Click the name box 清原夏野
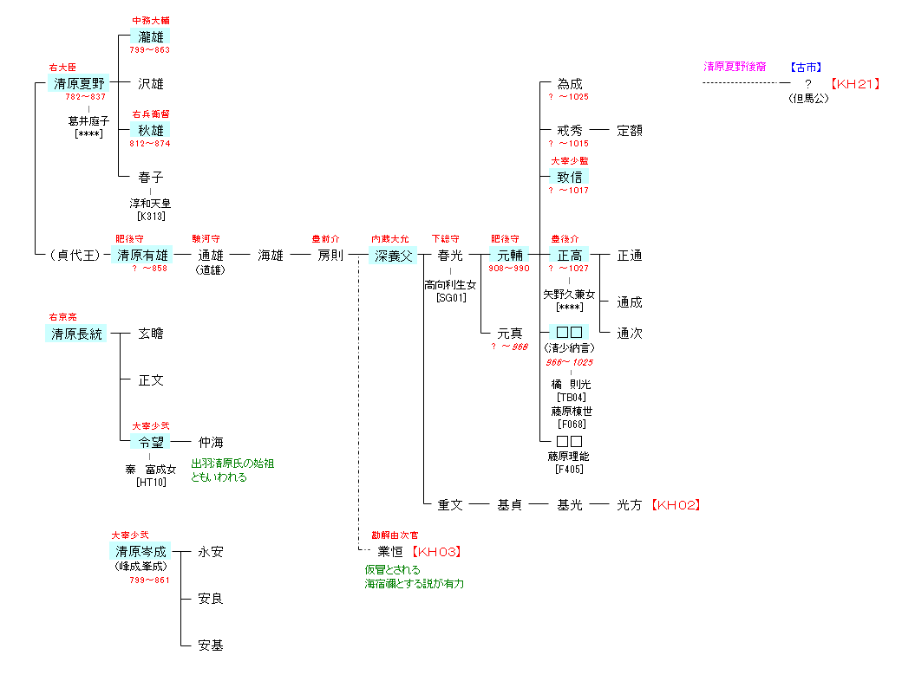tap(78, 84)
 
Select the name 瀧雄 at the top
tap(150, 36)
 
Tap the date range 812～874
tap(150, 144)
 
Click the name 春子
tap(150, 178)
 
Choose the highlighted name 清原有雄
tap(143, 256)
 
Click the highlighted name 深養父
tap(395, 256)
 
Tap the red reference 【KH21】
tap(855, 84)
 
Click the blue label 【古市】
tap(806, 67)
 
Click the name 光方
tap(630, 505)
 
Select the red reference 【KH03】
tap(435, 552)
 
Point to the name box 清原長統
tap(76, 334)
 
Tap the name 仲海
tap(211, 443)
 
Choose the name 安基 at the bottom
tap(211, 645)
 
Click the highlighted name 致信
tap(569, 178)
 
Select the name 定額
tap(630, 131)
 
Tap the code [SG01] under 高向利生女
tap(450, 298)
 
